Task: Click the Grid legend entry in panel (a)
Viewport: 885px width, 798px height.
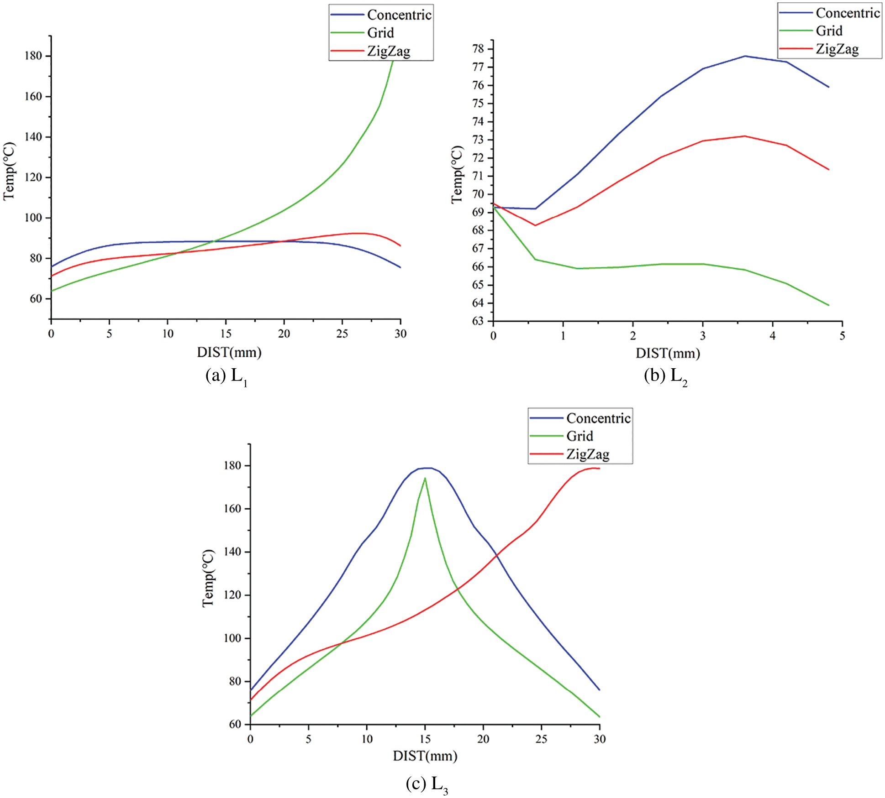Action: [x=380, y=33]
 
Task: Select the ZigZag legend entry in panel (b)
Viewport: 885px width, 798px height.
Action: [x=837, y=49]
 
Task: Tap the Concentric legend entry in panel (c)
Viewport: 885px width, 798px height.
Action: [x=598, y=418]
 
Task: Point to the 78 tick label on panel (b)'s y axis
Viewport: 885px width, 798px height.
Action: [x=478, y=49]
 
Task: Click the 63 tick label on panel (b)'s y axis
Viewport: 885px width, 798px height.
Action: [x=478, y=321]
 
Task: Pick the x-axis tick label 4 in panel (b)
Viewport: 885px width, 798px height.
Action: [x=773, y=336]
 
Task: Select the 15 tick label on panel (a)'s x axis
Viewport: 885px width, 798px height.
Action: [x=226, y=334]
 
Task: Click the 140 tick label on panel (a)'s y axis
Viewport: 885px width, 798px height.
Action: [x=33, y=137]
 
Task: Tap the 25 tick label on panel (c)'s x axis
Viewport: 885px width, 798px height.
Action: [x=541, y=739]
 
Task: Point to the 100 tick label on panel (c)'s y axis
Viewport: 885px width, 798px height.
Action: [x=232, y=638]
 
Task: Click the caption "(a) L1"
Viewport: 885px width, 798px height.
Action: [x=227, y=376]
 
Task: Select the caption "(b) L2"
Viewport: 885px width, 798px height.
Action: [x=665, y=376]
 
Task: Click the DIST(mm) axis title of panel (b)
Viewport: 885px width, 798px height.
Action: [x=668, y=353]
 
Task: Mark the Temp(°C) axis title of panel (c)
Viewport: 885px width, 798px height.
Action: [x=208, y=578]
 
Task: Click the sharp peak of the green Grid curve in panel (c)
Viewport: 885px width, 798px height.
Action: [x=425, y=478]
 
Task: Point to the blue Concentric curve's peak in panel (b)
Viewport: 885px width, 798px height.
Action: [x=745, y=56]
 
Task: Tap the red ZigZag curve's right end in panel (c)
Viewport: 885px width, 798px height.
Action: [x=599, y=469]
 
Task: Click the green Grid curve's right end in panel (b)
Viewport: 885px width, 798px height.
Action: [x=828, y=305]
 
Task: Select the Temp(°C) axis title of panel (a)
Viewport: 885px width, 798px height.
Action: [x=9, y=171]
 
